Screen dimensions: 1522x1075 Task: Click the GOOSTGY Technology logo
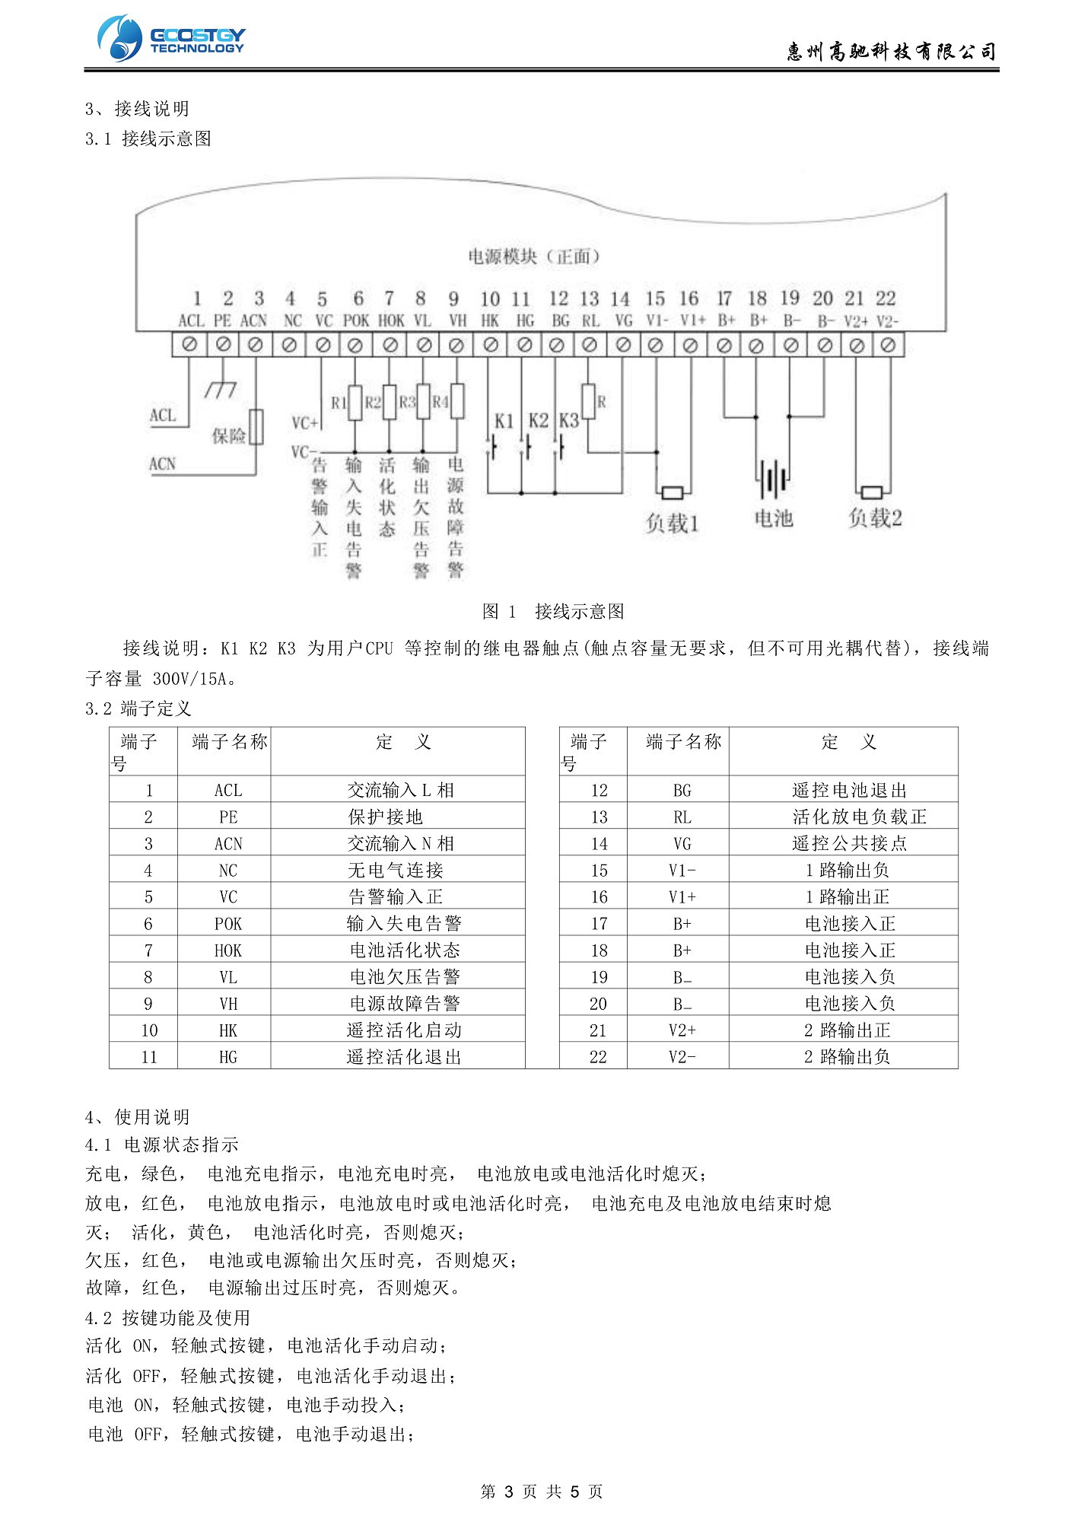[171, 38]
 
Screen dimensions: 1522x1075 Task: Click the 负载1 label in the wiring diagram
[672, 523]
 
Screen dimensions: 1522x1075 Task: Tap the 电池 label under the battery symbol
[774, 519]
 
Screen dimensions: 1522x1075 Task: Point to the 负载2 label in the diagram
[875, 519]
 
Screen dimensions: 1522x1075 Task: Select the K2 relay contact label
[538, 420]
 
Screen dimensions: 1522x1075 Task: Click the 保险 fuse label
[228, 435]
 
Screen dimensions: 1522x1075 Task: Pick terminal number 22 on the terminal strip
[886, 298]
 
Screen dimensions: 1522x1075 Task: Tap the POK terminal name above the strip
[356, 321]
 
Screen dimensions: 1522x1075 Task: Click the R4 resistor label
[440, 401]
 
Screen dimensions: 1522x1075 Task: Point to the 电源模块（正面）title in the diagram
[534, 256]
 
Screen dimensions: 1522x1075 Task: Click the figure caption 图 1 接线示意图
[553, 611]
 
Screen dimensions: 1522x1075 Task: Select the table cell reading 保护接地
[385, 817]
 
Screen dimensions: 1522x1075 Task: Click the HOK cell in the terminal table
[227, 950]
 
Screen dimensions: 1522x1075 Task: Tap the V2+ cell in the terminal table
[682, 1030]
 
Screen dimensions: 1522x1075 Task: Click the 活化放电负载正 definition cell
[860, 817]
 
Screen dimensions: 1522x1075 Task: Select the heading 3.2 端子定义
[138, 708]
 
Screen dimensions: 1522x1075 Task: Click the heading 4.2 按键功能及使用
[167, 1317]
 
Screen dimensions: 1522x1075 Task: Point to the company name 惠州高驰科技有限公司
[891, 52]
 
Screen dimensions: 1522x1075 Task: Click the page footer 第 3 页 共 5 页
[542, 1492]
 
